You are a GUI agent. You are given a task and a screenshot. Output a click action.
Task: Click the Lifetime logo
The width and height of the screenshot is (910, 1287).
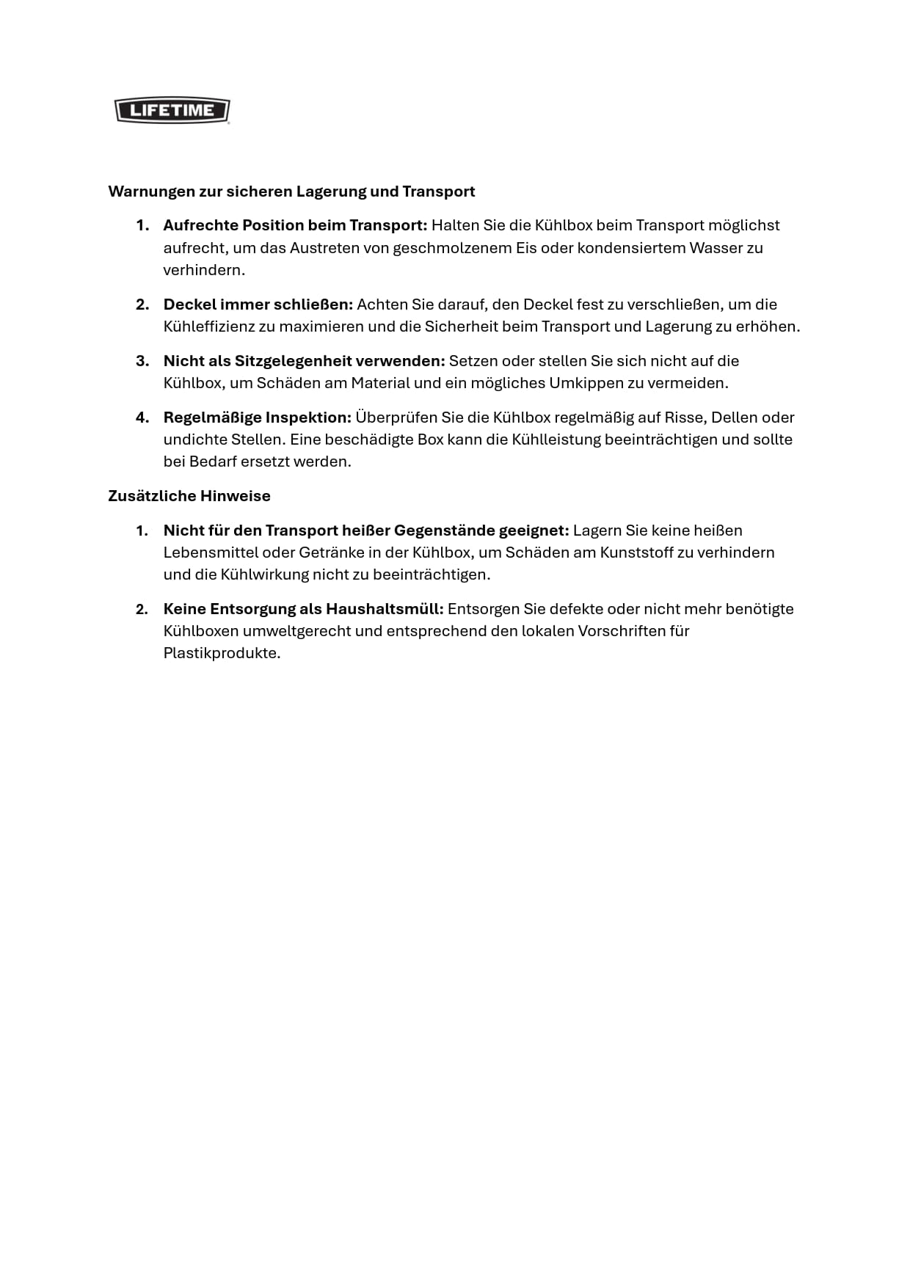[x=172, y=111]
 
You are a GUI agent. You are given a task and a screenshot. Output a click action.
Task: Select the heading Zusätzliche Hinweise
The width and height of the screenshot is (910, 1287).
[x=189, y=496]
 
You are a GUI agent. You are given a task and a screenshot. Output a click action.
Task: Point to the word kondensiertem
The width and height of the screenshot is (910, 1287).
[x=630, y=248]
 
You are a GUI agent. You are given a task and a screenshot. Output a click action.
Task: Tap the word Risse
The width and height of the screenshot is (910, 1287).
[x=684, y=418]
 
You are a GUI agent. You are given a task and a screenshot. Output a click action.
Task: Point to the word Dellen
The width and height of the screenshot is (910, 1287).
[x=734, y=418]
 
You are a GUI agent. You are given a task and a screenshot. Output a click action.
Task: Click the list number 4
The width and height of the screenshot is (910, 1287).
[x=142, y=418]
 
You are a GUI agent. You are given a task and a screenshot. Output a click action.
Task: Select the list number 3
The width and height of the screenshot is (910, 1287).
[x=142, y=361]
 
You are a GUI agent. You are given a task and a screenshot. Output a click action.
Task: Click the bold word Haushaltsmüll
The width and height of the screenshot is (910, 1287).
[x=385, y=609]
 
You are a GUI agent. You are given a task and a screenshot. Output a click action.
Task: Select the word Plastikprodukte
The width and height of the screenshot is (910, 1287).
[x=221, y=653]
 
